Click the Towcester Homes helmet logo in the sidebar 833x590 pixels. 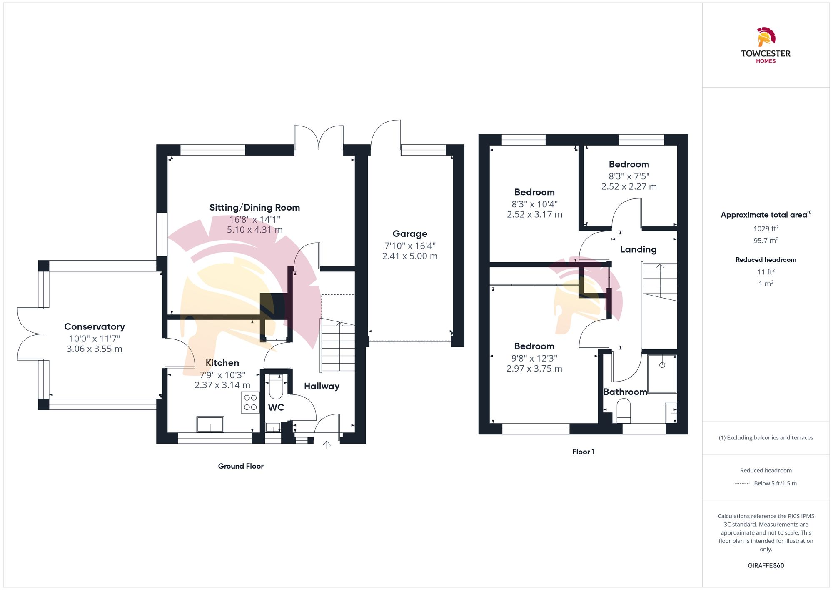tap(766, 37)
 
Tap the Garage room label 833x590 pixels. tap(410, 234)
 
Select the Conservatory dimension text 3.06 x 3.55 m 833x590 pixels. tap(95, 349)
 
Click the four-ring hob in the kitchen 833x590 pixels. tap(250, 402)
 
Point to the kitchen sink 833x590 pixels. tap(210, 424)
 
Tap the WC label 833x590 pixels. tap(276, 407)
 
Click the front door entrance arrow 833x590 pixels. tap(327, 444)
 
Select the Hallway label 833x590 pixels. tap(322, 386)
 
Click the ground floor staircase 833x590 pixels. tap(338, 346)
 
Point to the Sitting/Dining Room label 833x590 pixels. tap(254, 208)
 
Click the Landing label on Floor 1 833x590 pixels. tap(638, 249)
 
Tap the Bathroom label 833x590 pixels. tap(625, 392)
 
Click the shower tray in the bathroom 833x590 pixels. tap(662, 374)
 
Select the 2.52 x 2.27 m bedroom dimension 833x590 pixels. tap(629, 187)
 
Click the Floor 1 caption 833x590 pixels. tap(583, 452)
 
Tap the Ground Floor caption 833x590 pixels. tap(241, 466)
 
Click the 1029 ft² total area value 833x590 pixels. tap(766, 228)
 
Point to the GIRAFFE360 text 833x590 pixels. tap(766, 566)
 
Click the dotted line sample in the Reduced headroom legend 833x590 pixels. tap(742, 484)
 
